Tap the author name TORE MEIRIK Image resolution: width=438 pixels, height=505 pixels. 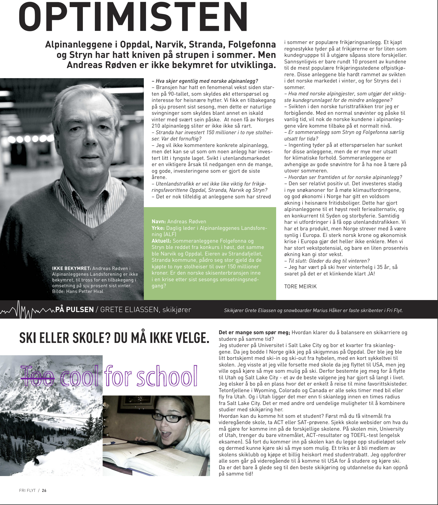(300, 286)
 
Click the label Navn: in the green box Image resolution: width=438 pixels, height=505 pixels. (159, 222)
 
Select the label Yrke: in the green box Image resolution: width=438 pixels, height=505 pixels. (158, 228)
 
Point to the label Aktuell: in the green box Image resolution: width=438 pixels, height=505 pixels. (161, 241)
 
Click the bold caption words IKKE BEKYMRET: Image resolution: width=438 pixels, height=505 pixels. (71, 268)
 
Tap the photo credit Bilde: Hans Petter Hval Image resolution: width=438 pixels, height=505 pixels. (78, 291)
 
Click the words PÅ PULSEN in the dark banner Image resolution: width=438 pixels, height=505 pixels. (74, 310)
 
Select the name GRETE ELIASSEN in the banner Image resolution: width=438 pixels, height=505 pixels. (129, 310)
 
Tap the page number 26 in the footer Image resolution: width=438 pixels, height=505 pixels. (44, 490)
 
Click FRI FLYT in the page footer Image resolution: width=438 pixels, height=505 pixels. (27, 490)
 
